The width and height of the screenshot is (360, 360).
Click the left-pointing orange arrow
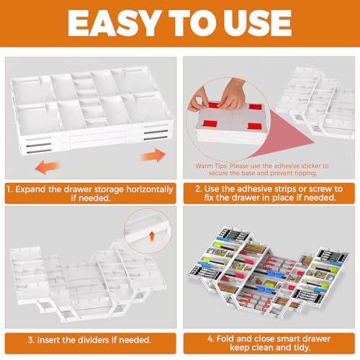tap(48, 167)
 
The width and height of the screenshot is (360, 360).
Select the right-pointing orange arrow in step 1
tap(153, 156)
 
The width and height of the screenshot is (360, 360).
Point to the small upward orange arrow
tap(152, 236)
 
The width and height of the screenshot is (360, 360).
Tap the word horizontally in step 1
tap(150, 189)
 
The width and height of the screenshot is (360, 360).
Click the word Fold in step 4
tap(225, 338)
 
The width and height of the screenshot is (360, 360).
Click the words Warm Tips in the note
tap(211, 166)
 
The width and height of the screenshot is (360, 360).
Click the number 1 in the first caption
tap(9, 189)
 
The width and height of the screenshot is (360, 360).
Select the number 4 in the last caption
tap(210, 339)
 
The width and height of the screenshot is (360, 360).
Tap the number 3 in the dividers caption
tap(30, 340)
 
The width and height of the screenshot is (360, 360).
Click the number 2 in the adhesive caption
tap(198, 189)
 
